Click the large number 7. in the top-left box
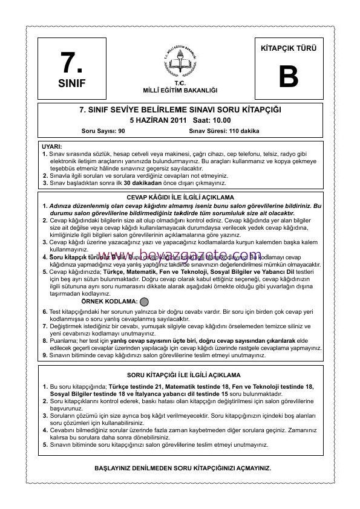pyautogui.click(x=71, y=62)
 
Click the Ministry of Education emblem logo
pyautogui.click(x=180, y=60)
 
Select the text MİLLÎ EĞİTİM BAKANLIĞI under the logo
pyautogui.click(x=180, y=89)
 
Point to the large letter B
pyautogui.click(x=289, y=77)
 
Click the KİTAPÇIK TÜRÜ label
pyautogui.click(x=289, y=48)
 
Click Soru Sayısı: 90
pyautogui.click(x=103, y=131)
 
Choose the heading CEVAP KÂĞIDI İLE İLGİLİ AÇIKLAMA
pyautogui.click(x=180, y=198)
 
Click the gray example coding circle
pyautogui.click(x=144, y=300)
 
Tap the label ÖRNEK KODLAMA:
pyautogui.click(x=109, y=300)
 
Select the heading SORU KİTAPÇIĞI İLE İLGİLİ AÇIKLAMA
pyautogui.click(x=180, y=375)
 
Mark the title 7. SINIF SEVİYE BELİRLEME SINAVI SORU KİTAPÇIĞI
pyautogui.click(x=180, y=110)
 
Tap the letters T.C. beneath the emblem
pyautogui.click(x=180, y=83)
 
